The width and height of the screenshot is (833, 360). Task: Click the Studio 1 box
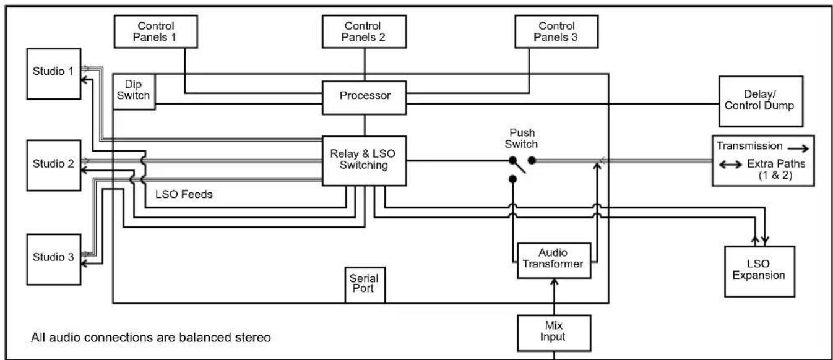[x=54, y=74]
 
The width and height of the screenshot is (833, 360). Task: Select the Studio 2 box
[x=54, y=165]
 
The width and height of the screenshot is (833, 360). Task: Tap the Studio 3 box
[x=54, y=259]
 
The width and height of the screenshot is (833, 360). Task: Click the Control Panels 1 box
[x=156, y=32]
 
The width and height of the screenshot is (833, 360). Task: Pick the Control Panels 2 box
[x=364, y=32]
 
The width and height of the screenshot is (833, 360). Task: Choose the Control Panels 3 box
[x=557, y=32]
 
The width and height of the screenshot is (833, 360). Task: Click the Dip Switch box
[x=134, y=92]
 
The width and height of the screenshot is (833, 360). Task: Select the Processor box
[x=365, y=98]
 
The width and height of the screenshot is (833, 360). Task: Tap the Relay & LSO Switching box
[x=365, y=161]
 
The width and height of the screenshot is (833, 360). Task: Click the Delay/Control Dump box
[x=761, y=101]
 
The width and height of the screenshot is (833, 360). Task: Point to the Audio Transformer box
[x=554, y=261]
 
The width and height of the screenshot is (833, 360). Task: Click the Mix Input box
[x=554, y=333]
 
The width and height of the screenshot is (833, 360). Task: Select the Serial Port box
[x=365, y=285]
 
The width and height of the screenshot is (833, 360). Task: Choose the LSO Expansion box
[x=760, y=272]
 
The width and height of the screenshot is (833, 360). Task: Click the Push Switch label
[x=521, y=138]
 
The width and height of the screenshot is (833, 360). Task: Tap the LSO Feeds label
[x=184, y=194]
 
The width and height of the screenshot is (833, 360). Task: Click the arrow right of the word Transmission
[x=798, y=148]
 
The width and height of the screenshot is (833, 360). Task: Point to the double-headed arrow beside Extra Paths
[x=730, y=164]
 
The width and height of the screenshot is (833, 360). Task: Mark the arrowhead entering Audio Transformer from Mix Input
[x=554, y=282]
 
